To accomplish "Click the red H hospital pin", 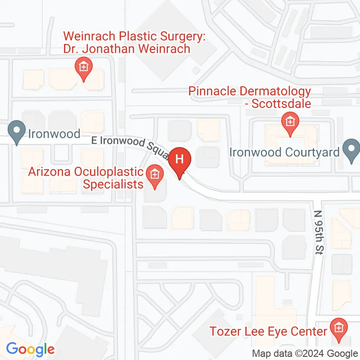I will tap(180, 160).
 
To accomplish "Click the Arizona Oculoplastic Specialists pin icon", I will tap(155, 174).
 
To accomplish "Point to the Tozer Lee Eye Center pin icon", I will tap(337, 328).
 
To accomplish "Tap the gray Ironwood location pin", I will tap(17, 132).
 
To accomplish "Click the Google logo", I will tap(30, 349).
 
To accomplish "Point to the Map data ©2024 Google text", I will tap(305, 354).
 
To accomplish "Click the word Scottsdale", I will tap(281, 104).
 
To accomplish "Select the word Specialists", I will tap(113, 184).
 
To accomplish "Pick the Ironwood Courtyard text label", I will tap(284, 152).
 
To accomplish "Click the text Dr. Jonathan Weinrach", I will tap(126, 49).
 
